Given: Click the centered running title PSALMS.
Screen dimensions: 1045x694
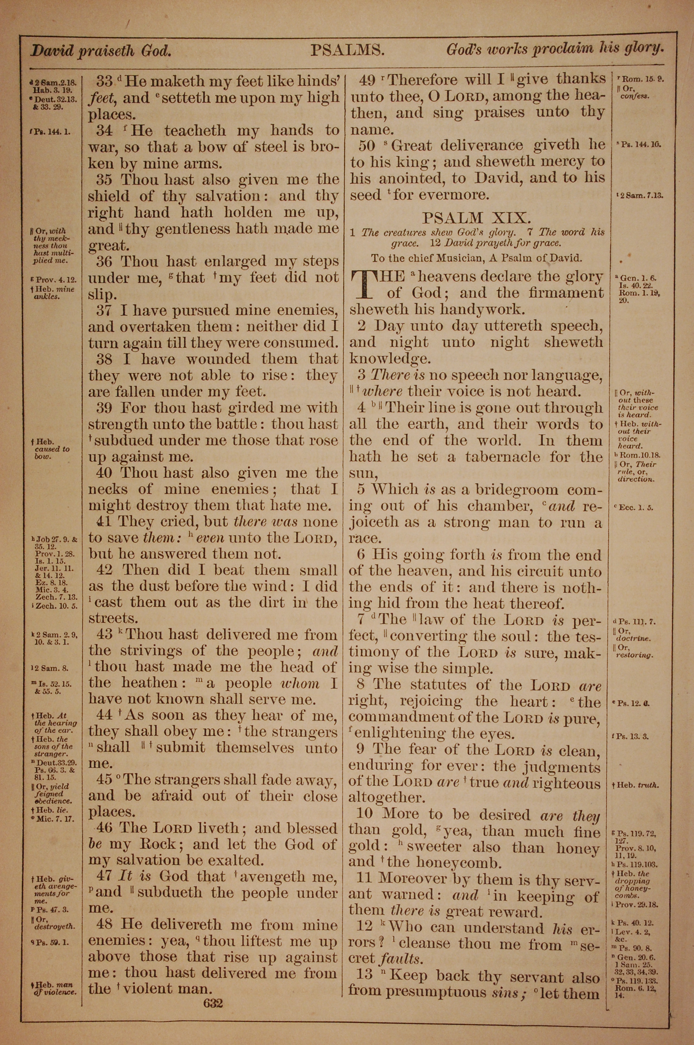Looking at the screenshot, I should (x=347, y=50).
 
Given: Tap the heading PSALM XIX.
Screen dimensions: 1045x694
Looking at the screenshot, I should (x=476, y=218).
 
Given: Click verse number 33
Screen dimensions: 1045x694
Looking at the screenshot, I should (x=105, y=81).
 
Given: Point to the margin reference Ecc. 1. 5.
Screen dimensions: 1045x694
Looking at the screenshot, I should (x=636, y=508).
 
